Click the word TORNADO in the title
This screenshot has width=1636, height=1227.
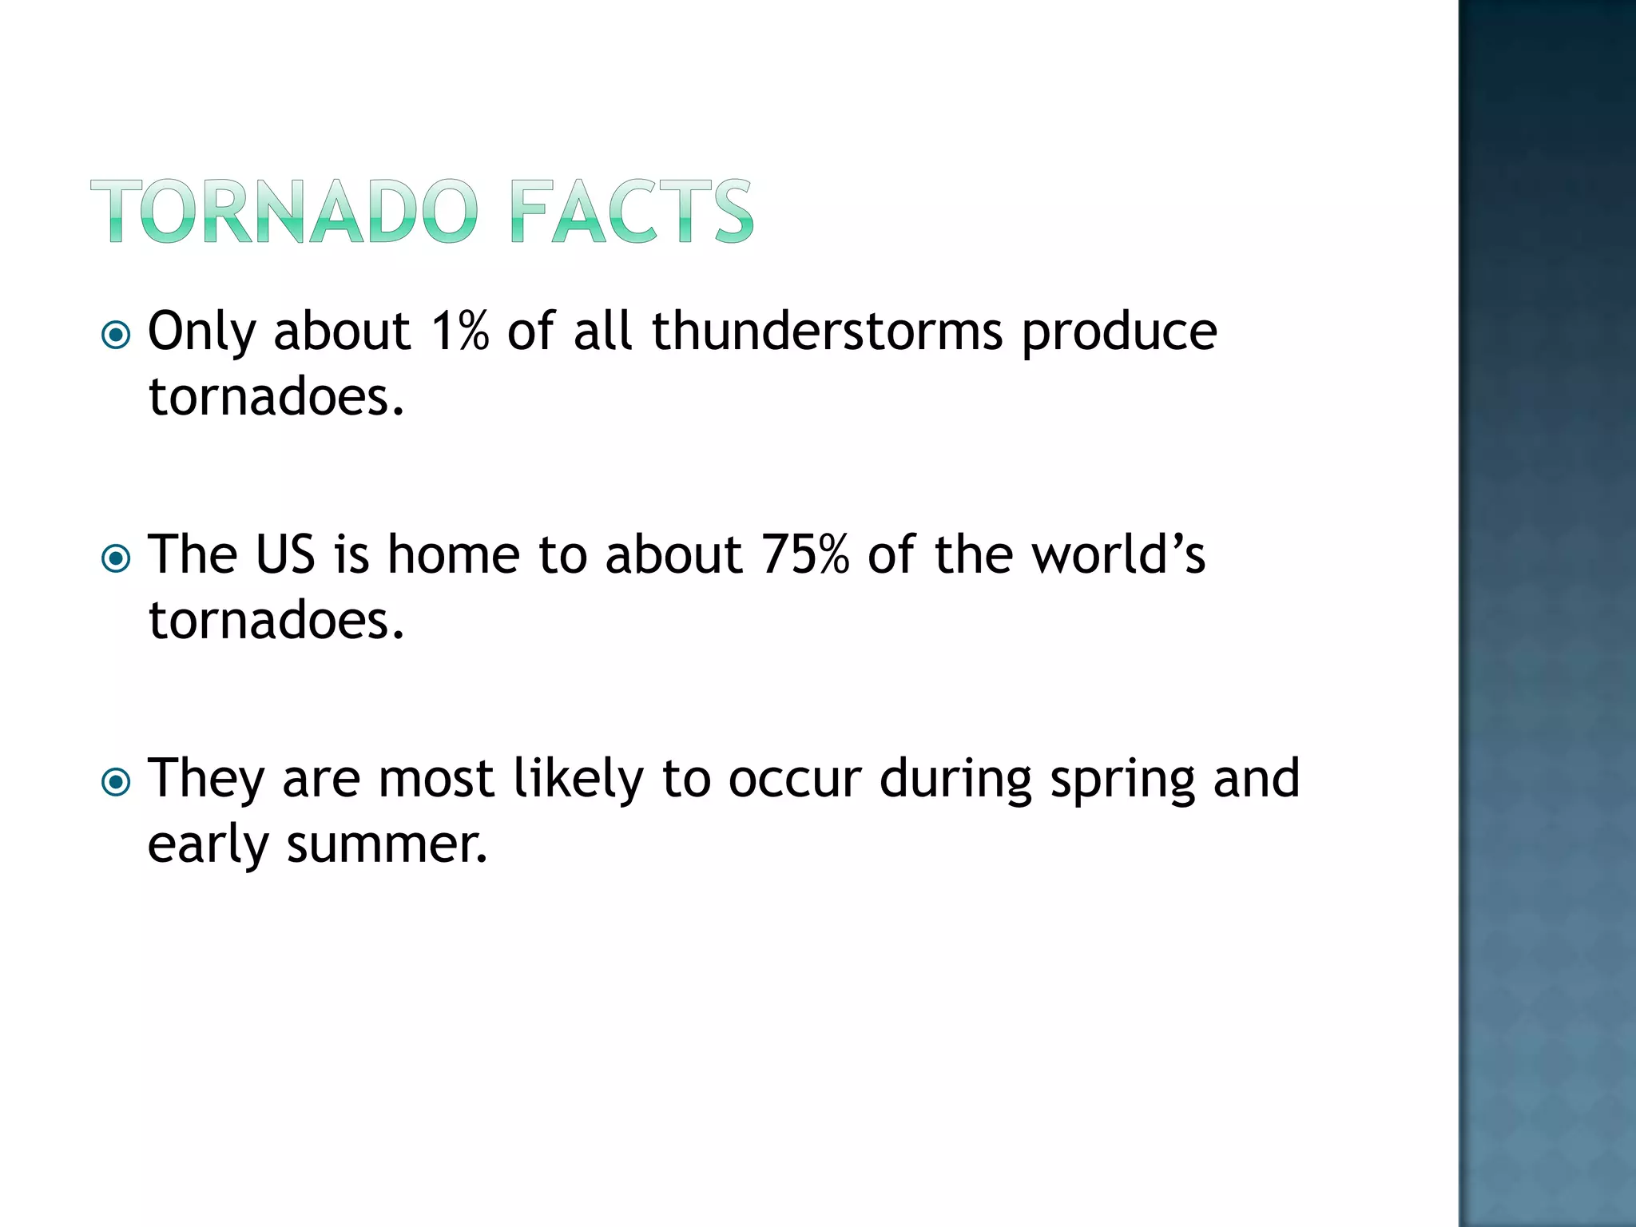tap(284, 212)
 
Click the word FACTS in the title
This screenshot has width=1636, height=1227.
tap(631, 212)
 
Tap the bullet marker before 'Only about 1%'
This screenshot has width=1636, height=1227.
tap(117, 335)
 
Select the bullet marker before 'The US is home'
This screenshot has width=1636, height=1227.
tap(117, 558)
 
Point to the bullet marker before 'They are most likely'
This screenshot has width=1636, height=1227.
tap(117, 782)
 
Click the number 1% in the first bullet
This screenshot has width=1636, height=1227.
tap(459, 331)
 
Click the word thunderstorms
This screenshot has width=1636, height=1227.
tap(827, 331)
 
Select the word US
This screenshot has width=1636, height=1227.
tap(285, 554)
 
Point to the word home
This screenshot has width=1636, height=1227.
tap(453, 554)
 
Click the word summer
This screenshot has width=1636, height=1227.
tap(387, 844)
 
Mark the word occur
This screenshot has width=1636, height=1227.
tap(795, 780)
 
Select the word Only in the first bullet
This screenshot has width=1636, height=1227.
tap(201, 332)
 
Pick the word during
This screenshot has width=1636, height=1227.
tap(955, 780)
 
